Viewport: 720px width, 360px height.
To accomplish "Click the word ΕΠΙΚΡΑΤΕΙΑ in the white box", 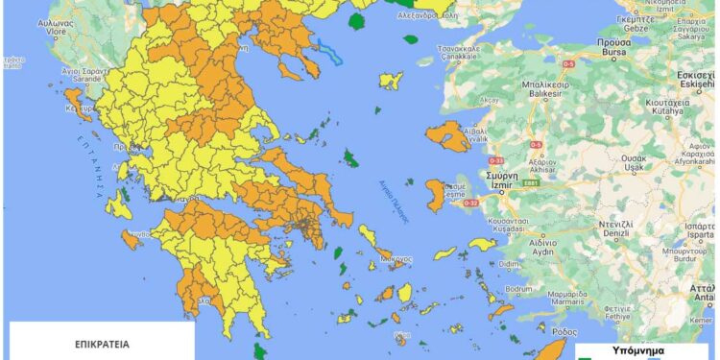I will (102, 342).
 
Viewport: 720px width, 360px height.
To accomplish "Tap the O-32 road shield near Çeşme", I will (471, 203).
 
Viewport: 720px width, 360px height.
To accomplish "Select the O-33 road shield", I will (497, 160).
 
